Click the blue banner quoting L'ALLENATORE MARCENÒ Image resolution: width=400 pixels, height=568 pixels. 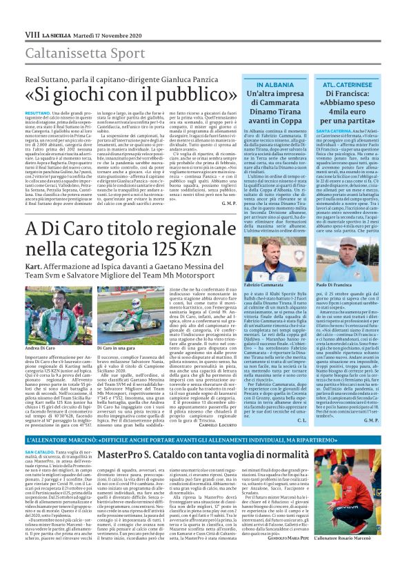click(x=200, y=440)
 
